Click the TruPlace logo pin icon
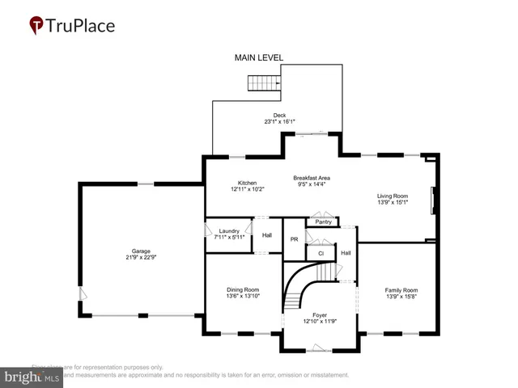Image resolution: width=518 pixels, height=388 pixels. click(x=36, y=26)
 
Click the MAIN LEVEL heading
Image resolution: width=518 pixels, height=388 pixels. click(x=258, y=58)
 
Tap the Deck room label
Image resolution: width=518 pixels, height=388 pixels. click(x=279, y=116)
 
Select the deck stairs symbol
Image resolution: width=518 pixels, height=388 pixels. click(x=263, y=82)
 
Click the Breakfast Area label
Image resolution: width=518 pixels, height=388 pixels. click(x=311, y=178)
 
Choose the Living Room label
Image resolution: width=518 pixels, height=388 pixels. click(x=393, y=196)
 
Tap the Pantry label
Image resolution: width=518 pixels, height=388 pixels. click(x=323, y=221)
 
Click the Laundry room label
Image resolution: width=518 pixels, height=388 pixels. click(x=229, y=231)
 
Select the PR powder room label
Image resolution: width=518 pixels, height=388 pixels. click(x=295, y=240)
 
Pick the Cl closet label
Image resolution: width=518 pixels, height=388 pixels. click(x=321, y=253)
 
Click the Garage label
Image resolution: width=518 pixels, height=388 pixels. click(x=142, y=251)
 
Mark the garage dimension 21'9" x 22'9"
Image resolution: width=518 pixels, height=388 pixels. click(x=142, y=257)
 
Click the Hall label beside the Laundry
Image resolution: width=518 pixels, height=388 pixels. click(x=267, y=235)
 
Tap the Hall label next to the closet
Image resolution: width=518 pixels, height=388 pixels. click(x=346, y=253)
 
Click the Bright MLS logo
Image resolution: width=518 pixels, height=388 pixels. click(x=32, y=377)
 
